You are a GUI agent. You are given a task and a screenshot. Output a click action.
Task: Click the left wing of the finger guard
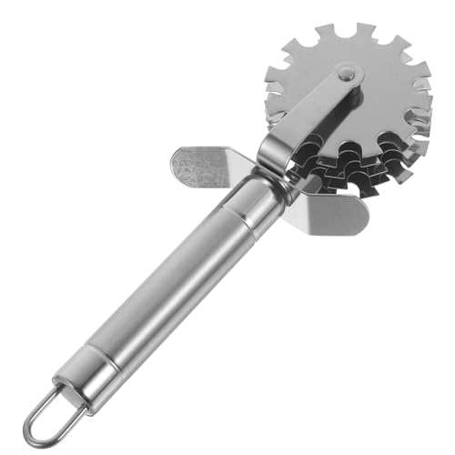click(201, 164)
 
